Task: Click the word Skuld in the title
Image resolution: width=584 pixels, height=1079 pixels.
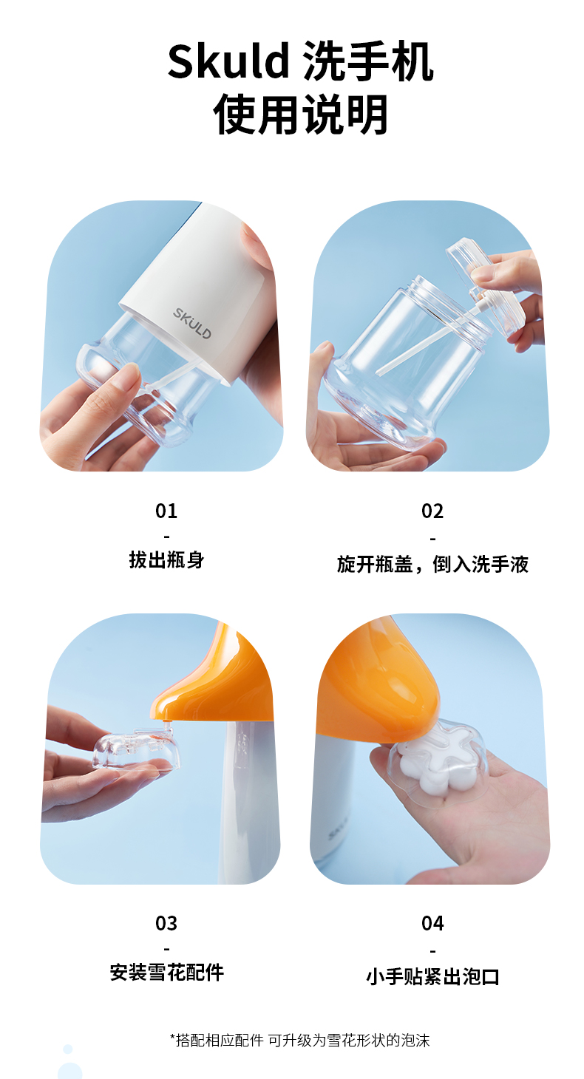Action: pos(228,61)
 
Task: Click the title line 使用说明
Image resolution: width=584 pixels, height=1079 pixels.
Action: pos(300,115)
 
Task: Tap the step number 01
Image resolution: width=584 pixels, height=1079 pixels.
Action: pos(166,511)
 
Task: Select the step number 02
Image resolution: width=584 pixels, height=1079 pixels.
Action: pos(432,511)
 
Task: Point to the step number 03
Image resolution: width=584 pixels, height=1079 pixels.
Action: pos(166,923)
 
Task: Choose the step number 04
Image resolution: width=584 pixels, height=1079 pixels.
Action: pos(432,923)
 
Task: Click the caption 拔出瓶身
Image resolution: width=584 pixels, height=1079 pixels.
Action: pos(166,560)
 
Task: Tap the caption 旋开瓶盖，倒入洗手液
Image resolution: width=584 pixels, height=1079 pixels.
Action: pos(432,564)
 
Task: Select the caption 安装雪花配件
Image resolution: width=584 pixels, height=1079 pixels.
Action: pos(167,973)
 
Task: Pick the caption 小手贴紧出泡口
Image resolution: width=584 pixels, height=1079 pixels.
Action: pos(432,977)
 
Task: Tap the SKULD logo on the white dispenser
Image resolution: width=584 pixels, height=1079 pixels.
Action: pos(192,323)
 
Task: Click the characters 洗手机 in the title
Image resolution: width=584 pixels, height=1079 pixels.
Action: pos(369,61)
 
